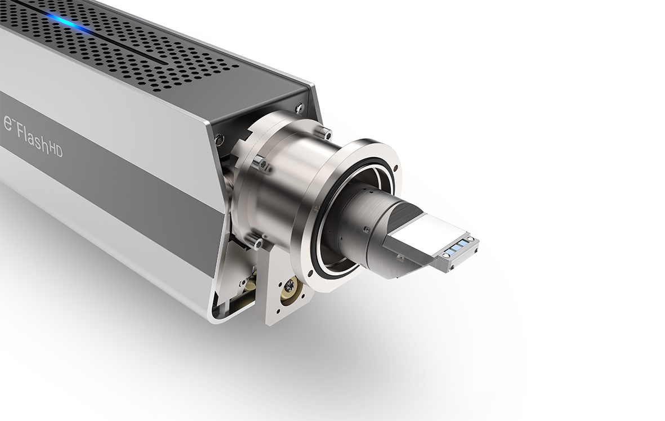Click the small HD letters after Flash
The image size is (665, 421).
click(x=56, y=149)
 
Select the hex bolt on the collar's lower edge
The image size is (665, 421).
click(x=258, y=243)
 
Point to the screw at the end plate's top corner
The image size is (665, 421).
click(x=300, y=106)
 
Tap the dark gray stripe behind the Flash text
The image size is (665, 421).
click(x=113, y=186)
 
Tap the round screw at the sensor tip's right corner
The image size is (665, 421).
click(x=471, y=239)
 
